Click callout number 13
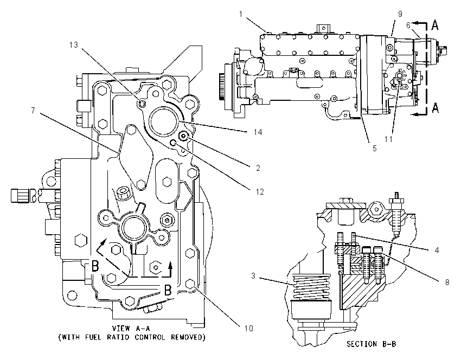click(x=74, y=44)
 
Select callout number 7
click(x=33, y=111)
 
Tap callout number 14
click(x=258, y=132)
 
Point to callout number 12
click(x=260, y=192)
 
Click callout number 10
click(x=249, y=328)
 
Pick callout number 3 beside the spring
click(x=253, y=276)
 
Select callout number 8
click(x=447, y=282)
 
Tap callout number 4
click(x=437, y=250)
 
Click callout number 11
click(x=388, y=139)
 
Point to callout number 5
click(x=374, y=149)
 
